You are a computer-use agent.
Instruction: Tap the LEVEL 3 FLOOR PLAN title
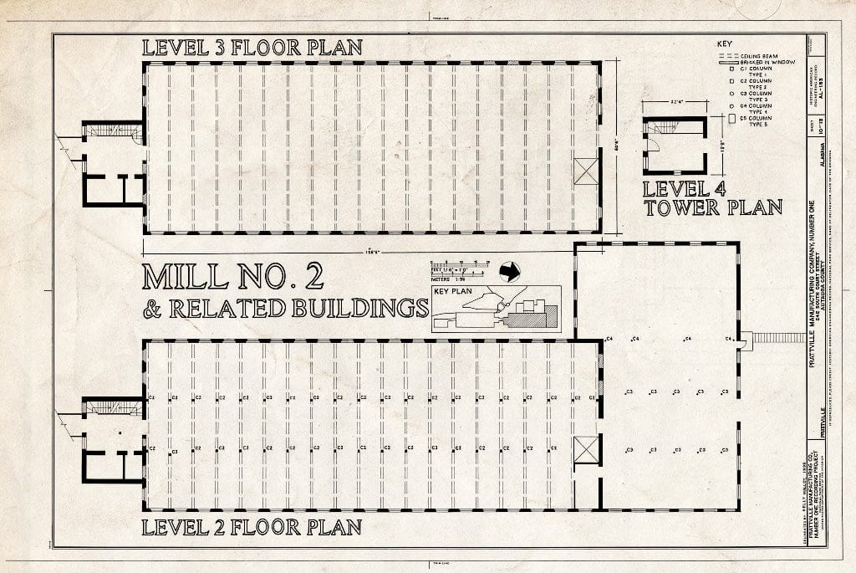252,48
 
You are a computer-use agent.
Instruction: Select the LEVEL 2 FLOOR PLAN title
252,527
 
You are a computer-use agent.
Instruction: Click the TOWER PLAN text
712,207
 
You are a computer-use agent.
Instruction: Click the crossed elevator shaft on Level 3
588,171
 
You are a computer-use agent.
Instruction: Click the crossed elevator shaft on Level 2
588,449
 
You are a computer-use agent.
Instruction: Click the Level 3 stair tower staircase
113,130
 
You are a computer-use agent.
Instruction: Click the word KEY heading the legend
726,43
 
